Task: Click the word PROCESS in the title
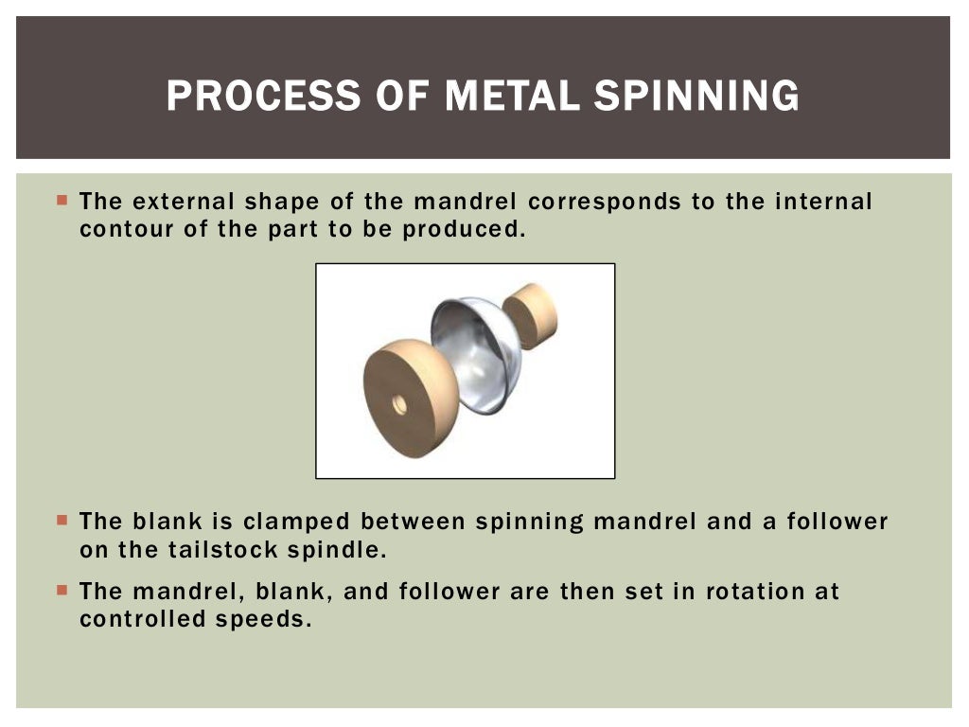pos(250,97)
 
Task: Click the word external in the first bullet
pos(184,202)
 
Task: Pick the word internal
pos(822,202)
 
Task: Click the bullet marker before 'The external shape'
pos(62,200)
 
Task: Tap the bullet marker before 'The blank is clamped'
pos(62,520)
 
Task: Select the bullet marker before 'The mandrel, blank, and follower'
pos(62,590)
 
